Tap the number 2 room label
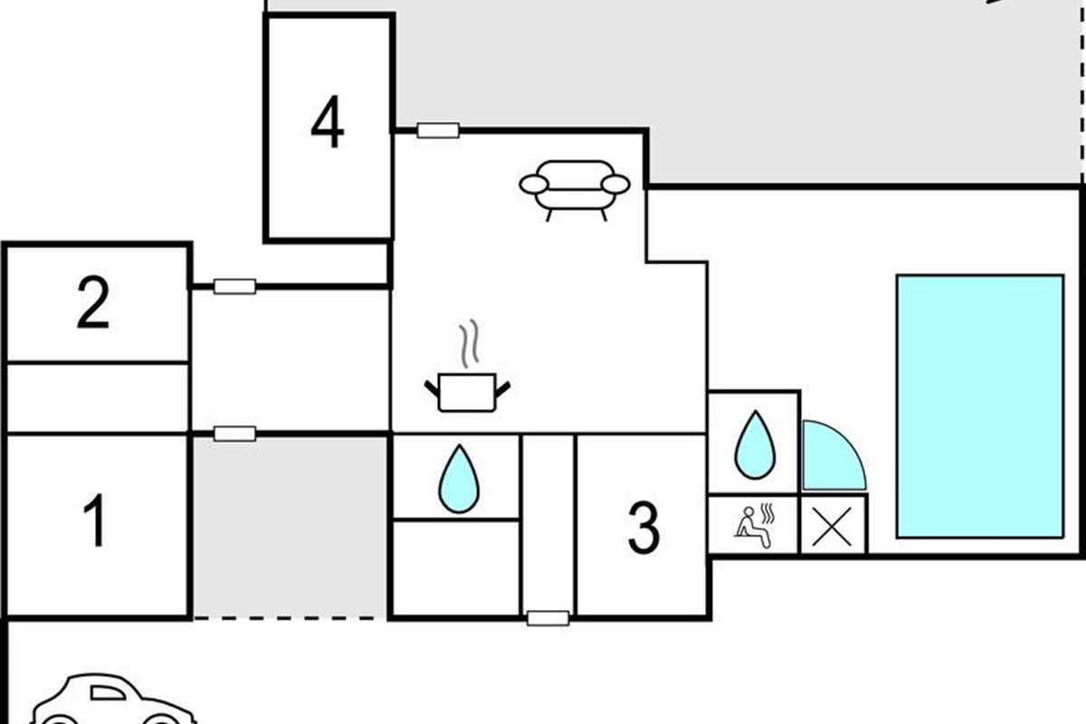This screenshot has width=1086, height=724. pos(93,304)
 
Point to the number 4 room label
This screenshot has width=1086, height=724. pos(328,124)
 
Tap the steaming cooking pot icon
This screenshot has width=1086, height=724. pos(467,392)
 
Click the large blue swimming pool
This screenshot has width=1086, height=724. pos(979,405)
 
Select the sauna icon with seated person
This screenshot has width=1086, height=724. pos(753,524)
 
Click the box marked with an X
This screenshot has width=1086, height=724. pos(834,525)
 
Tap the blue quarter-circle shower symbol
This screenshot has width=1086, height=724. pos(829,457)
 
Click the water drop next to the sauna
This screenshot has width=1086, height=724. pos(754,445)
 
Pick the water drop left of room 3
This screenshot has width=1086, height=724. pos(458,479)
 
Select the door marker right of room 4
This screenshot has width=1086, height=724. pos(438,130)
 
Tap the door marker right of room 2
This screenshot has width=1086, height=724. pos(234,287)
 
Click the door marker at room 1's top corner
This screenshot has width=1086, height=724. pos(234,433)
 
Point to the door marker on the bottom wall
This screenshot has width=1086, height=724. pos(548,618)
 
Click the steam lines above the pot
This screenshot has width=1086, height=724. pos(468,345)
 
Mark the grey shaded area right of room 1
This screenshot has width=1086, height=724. pos(290,526)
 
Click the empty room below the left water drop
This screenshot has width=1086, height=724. pos(455,567)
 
